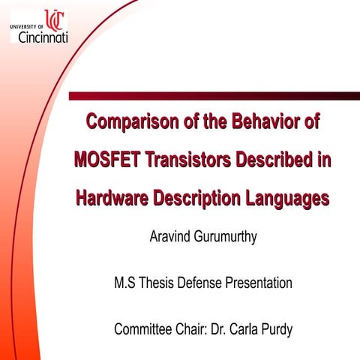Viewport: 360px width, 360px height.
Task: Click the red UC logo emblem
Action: pos(54,19)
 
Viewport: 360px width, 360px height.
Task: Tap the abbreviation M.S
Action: pos(124,283)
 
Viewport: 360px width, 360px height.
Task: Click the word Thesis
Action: pos(157,283)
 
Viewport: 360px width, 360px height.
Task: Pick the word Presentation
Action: pos(259,283)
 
